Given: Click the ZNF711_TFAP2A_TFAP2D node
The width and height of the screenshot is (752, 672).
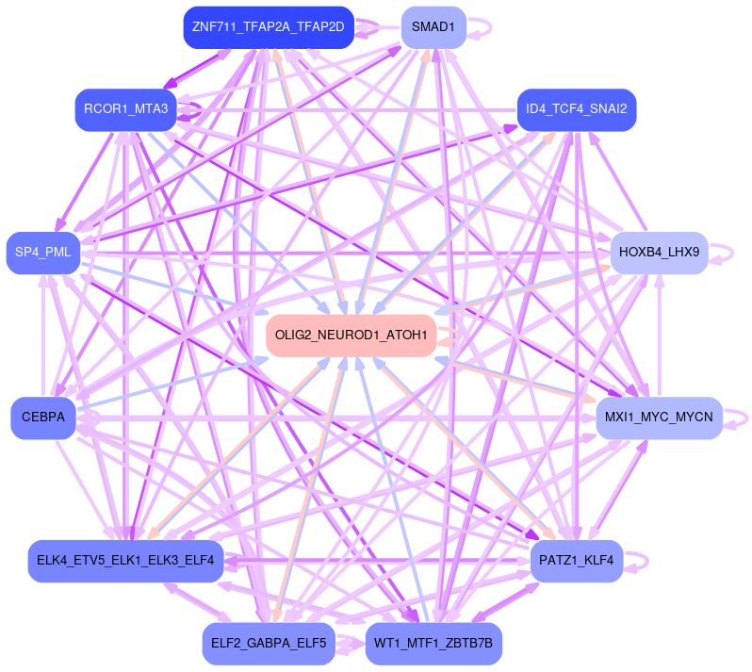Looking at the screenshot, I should [x=268, y=27].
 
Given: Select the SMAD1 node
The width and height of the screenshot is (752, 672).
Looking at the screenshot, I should [x=433, y=27].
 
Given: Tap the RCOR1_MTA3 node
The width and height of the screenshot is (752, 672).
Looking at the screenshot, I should [x=126, y=110].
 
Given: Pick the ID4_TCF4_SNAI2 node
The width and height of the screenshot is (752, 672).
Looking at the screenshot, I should [x=577, y=109].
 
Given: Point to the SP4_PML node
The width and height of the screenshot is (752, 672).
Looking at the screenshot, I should [x=43, y=253].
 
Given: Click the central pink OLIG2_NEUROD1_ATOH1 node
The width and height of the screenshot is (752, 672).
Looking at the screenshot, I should [x=351, y=336].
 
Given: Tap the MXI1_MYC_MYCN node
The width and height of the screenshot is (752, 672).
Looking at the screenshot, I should [x=659, y=418].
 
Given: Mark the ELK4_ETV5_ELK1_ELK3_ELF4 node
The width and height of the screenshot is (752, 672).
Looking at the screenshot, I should [x=125, y=561].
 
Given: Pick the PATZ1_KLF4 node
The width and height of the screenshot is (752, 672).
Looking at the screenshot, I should [x=577, y=561].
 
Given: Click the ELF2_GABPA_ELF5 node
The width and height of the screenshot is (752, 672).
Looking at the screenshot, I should [x=269, y=644].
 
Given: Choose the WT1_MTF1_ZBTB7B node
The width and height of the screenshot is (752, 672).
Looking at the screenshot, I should [x=433, y=644].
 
